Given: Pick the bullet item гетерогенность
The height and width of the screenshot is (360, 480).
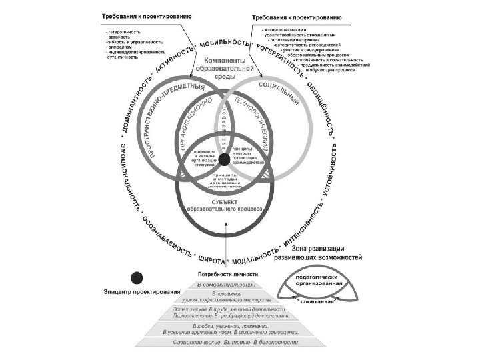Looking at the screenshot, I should [123, 30].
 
